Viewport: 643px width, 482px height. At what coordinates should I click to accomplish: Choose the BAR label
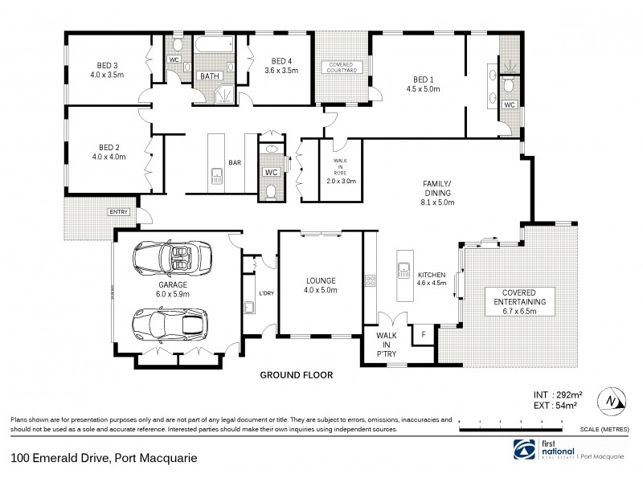pyautogui.click(x=235, y=162)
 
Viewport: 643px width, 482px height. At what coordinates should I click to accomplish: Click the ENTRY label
pyautogui.click(x=118, y=211)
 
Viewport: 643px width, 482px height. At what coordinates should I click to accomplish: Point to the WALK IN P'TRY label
pyautogui.click(x=386, y=348)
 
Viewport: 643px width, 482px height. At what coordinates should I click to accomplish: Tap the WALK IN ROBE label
pyautogui.click(x=337, y=170)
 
